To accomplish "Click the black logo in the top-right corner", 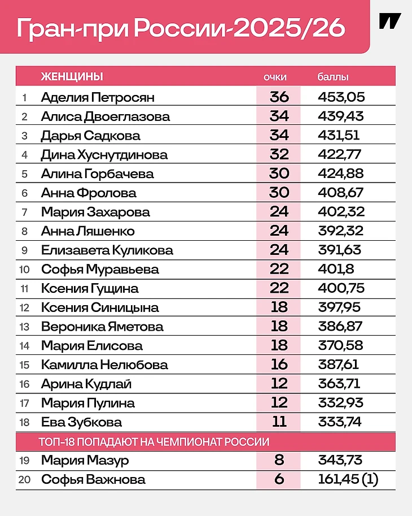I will point(390,21).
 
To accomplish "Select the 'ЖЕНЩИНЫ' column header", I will point(72,77).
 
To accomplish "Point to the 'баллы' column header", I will point(334,77).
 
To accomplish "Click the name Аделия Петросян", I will point(98,97).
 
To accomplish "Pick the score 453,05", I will point(341,97).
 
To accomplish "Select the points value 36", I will point(279,97).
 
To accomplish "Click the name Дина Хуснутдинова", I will point(104,155).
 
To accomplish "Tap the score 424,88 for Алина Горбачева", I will point(341,174).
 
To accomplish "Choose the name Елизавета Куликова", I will point(107,250).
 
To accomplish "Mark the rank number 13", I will point(24,327).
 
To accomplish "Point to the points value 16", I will point(279,365).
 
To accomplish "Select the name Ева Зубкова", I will point(81,422).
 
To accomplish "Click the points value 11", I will point(279,422).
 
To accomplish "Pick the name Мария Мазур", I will point(85,461).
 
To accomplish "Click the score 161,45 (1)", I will point(348,480).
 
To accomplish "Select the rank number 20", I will point(24,480).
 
